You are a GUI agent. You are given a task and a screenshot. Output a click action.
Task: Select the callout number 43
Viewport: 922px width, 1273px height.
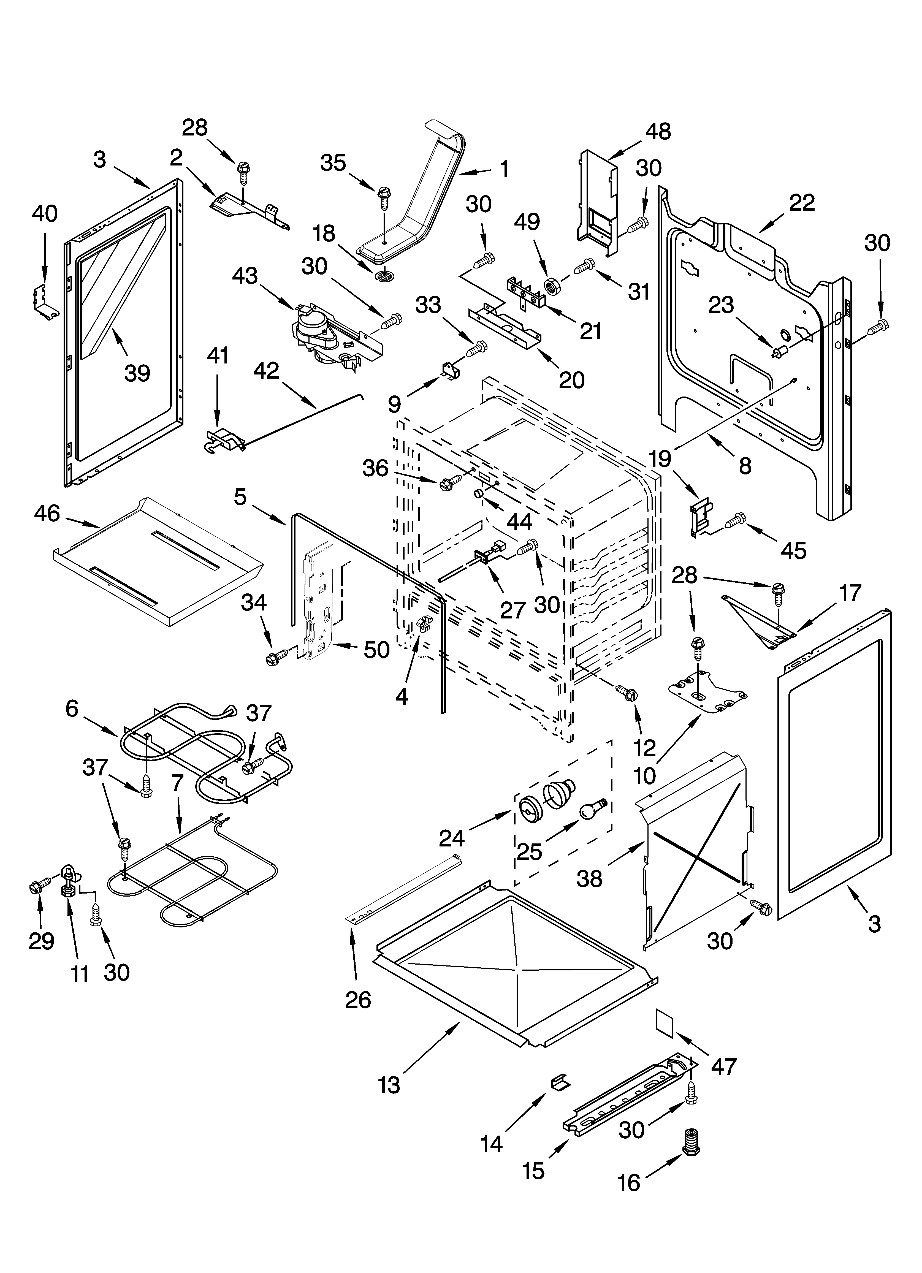pos(245,276)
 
